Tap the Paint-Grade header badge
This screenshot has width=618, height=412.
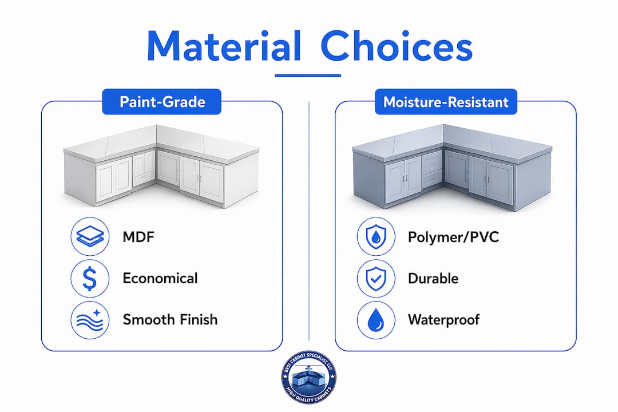click(161, 102)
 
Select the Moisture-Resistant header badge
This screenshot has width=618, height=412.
click(446, 102)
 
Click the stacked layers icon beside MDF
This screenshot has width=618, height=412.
click(90, 236)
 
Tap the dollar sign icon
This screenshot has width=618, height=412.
click(90, 278)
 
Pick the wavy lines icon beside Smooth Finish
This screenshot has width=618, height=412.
click(90, 320)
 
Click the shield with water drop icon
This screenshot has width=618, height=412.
click(376, 236)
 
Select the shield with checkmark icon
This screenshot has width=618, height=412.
click(376, 278)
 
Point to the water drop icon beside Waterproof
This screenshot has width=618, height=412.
click(376, 320)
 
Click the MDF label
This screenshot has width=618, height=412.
click(138, 237)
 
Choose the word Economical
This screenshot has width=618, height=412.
click(160, 278)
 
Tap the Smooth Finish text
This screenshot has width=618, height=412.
click(170, 319)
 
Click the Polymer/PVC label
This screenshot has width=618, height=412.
click(453, 237)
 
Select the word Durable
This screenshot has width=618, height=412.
click(433, 278)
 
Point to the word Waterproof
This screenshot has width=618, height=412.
click(444, 320)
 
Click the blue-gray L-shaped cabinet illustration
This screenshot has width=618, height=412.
click(452, 167)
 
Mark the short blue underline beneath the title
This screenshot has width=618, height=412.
click(308, 76)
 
